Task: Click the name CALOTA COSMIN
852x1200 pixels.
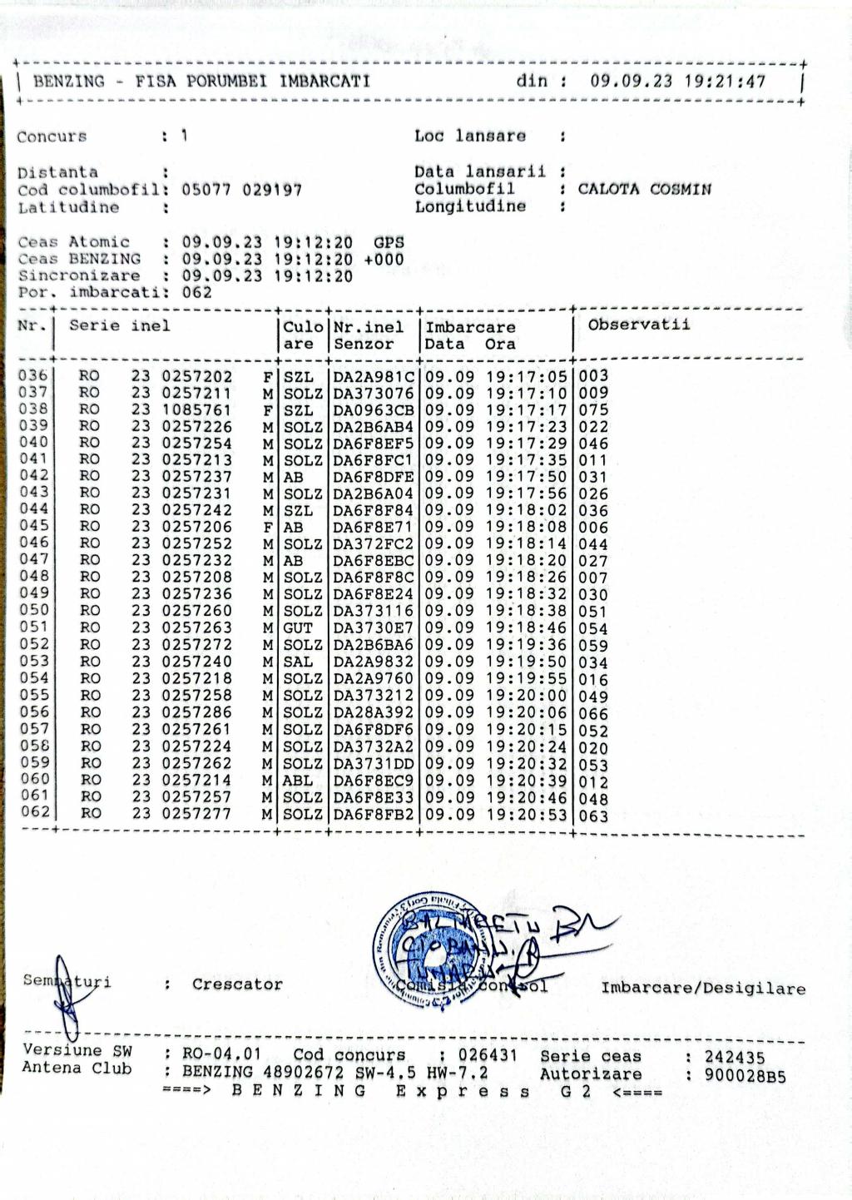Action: [644, 189]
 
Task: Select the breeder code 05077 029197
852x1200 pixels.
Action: [241, 190]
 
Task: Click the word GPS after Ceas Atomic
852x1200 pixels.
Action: [389, 242]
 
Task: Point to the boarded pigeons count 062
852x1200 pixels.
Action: [197, 292]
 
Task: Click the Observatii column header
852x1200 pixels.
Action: [638, 325]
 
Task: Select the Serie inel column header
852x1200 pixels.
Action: [119, 325]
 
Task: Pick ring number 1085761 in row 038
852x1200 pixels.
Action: [196, 409]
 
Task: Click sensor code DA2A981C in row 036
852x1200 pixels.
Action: [374, 376]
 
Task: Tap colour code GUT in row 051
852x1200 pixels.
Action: [298, 628]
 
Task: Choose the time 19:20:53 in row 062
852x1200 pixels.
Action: [526, 814]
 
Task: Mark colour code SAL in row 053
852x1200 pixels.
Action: [298, 662]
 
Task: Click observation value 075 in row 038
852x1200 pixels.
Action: [593, 409]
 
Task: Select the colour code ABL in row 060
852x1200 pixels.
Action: [298, 780]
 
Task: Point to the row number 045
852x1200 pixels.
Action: [34, 526]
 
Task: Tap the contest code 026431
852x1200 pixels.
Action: [488, 1055]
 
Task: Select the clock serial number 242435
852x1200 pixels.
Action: [735, 1057]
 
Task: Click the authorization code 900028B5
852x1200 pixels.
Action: [745, 1075]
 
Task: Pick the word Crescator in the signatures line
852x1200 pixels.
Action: [237, 984]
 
